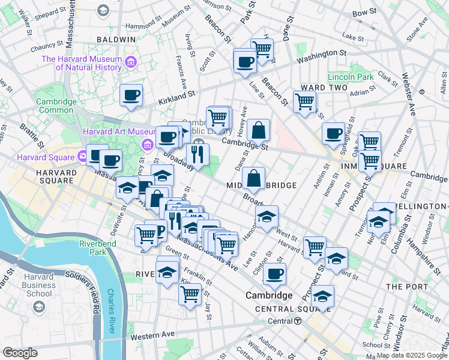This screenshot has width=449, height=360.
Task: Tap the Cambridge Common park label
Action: tap(56, 106)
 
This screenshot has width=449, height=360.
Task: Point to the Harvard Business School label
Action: tap(38, 285)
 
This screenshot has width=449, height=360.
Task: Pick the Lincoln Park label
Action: tap(351, 77)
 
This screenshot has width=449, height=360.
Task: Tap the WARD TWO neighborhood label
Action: tap(325, 88)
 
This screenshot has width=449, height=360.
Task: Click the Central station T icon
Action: tap(298, 321)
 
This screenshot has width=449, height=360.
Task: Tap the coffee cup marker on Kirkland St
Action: tap(131, 95)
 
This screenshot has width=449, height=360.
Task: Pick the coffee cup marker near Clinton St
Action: tap(274, 274)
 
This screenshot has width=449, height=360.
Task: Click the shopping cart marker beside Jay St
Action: tap(190, 294)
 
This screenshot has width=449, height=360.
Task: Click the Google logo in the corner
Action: tap(20, 353)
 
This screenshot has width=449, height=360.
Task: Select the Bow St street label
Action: tap(364, 12)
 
